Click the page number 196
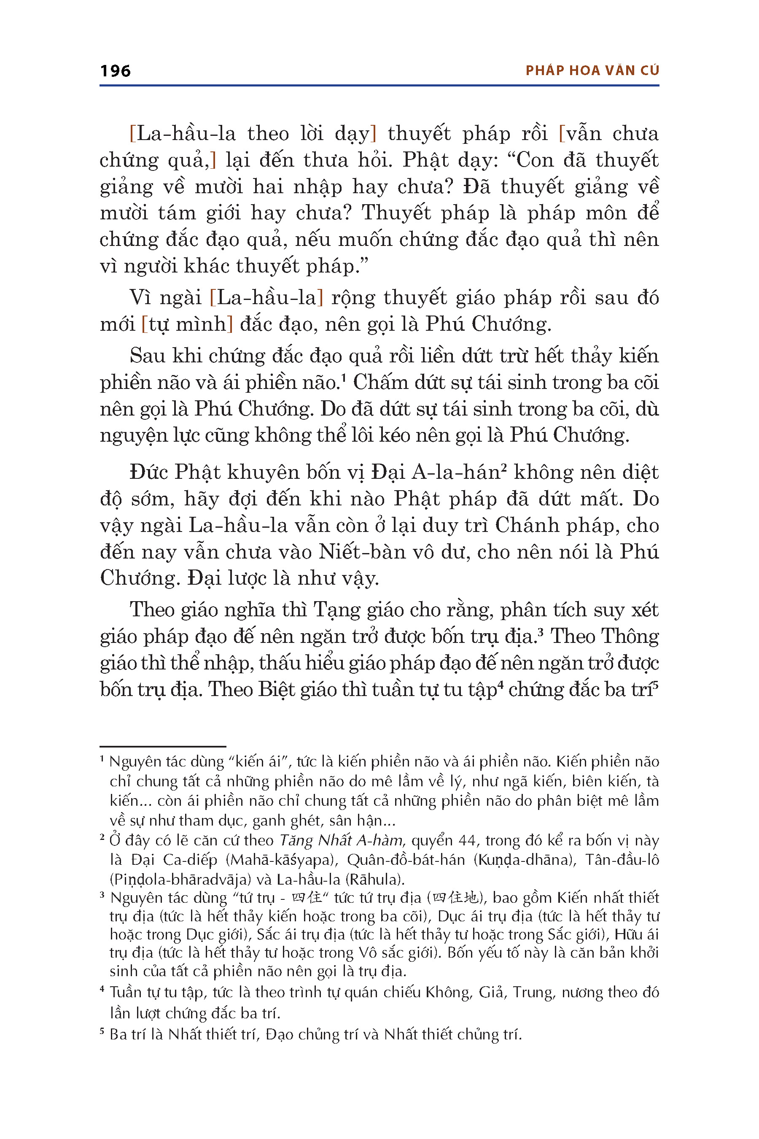click(115, 71)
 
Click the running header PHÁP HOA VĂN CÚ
click(592, 71)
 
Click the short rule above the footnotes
click(163, 746)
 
